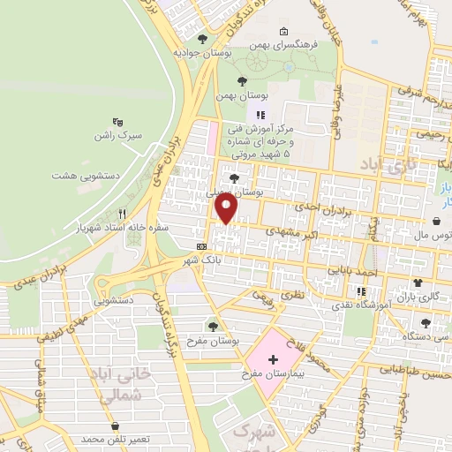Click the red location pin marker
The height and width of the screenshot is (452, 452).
pyautogui.click(x=227, y=208)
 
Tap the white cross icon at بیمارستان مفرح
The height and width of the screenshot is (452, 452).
pyautogui.click(x=273, y=359)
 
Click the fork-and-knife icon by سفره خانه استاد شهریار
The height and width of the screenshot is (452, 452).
pyautogui.click(x=123, y=214)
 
